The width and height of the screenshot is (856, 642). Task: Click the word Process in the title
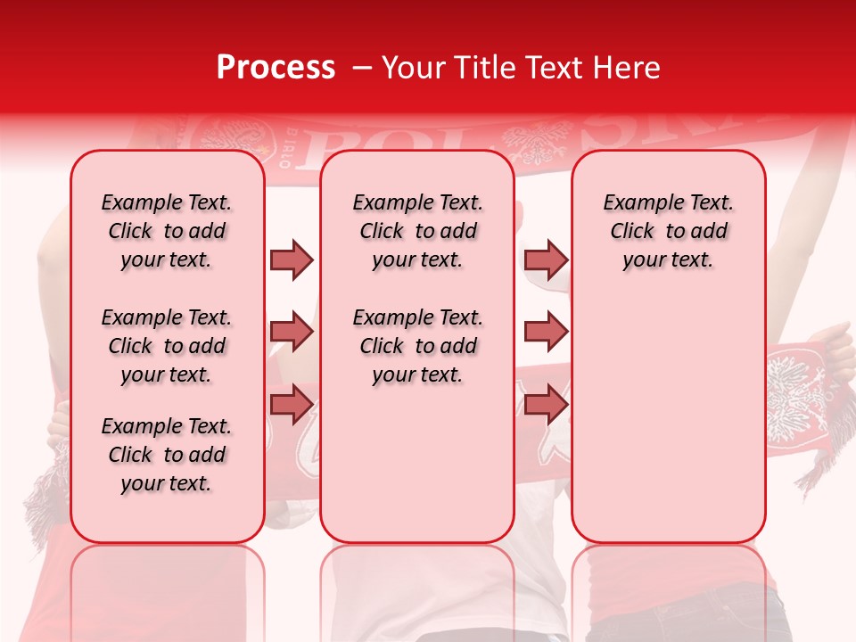tap(276, 68)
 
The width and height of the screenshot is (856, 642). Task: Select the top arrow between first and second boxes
tap(292, 259)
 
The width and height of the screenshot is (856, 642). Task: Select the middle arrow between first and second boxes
tap(292, 332)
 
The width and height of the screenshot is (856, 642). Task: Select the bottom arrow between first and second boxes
tap(292, 404)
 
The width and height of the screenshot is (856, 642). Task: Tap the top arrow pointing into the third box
tap(545, 259)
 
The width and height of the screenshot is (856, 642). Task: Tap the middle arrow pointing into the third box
tap(545, 332)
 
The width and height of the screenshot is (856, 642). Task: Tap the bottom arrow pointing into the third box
tap(545, 404)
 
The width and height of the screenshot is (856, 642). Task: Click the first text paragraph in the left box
tap(167, 231)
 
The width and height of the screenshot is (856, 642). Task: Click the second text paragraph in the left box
tap(167, 346)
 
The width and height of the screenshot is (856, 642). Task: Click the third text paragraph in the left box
tap(167, 455)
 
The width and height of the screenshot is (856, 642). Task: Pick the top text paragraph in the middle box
tap(417, 231)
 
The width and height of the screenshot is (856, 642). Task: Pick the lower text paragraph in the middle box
tap(417, 346)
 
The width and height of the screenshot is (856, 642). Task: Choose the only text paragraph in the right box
tap(669, 231)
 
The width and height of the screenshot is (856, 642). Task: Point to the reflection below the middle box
tap(417, 588)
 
